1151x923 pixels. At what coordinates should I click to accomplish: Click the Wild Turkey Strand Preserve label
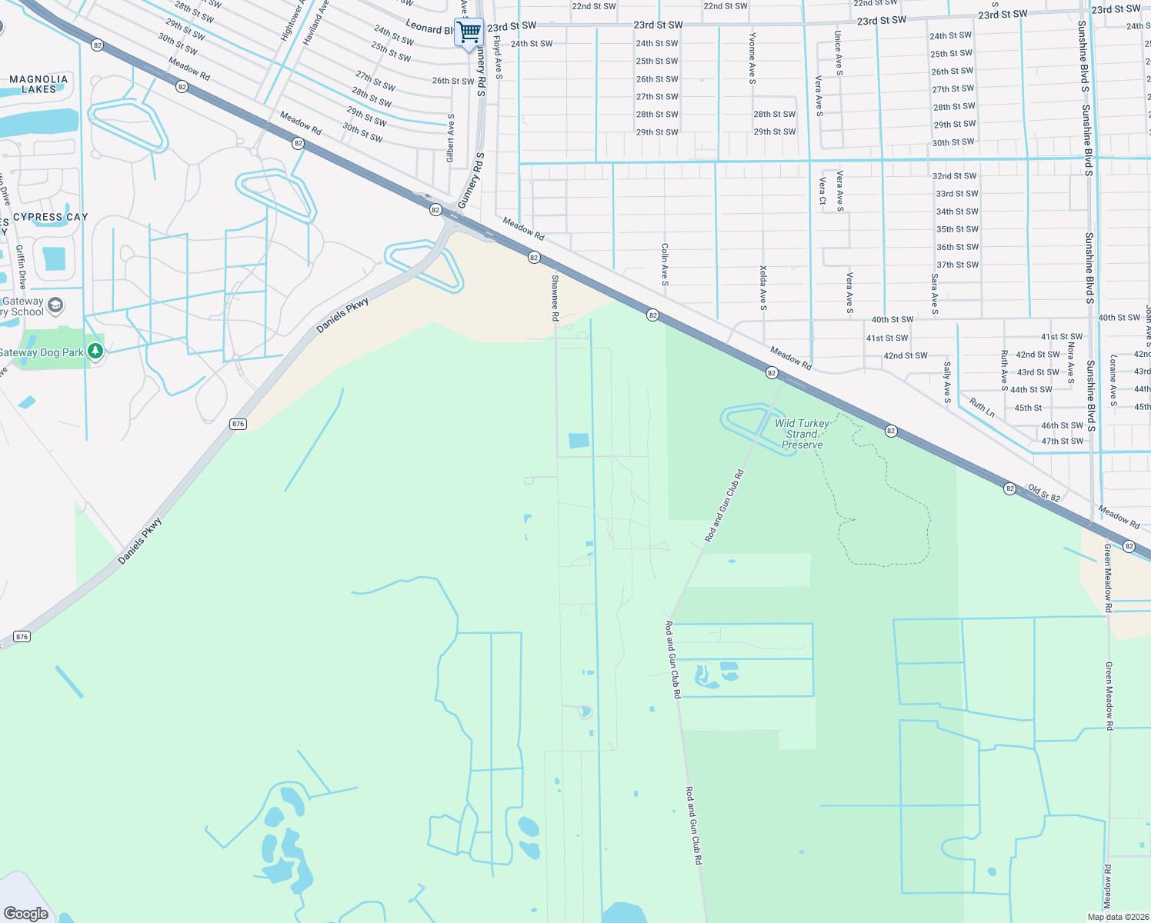[802, 434]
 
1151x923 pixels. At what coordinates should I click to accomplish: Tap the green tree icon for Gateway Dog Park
[95, 352]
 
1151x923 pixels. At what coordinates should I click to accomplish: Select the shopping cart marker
[469, 32]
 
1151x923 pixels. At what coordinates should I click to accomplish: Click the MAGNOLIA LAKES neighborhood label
[38, 84]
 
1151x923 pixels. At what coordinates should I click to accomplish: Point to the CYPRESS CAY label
[51, 217]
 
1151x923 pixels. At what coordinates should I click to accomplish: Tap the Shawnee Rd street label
[555, 297]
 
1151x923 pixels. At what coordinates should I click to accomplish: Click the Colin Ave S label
[665, 265]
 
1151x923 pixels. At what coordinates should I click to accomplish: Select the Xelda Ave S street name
[763, 288]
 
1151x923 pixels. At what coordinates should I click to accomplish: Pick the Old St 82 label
[1044, 493]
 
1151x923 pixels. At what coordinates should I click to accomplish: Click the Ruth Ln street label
[982, 408]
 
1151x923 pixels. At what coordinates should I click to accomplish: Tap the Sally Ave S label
[947, 382]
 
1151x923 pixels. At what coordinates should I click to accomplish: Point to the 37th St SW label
[957, 265]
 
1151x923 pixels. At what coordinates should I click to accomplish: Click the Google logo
[26, 914]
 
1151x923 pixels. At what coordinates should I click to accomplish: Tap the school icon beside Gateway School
[55, 306]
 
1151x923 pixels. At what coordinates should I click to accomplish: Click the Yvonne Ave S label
[752, 58]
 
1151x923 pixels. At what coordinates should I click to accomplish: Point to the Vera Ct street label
[822, 191]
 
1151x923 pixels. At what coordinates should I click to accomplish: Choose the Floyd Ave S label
[498, 57]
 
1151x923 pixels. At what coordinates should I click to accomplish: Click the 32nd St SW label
[955, 176]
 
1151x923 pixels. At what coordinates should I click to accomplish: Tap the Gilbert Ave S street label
[451, 138]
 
